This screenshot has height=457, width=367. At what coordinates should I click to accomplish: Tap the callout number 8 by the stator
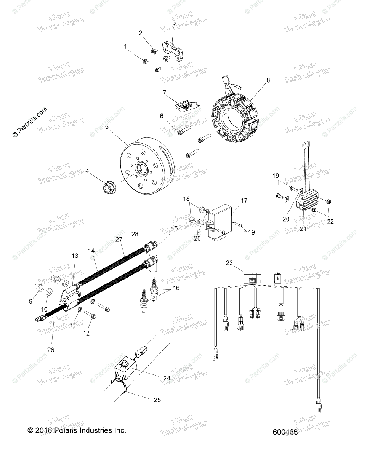click(x=268, y=80)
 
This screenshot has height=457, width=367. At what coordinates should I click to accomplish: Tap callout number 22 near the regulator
click(x=330, y=221)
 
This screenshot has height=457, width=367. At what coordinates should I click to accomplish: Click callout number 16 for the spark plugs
click(x=176, y=288)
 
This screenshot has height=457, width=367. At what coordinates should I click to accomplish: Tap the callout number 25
click(x=157, y=400)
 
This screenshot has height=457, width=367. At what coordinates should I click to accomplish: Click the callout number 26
click(x=50, y=349)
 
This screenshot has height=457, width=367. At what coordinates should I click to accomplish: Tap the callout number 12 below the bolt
click(x=87, y=333)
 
